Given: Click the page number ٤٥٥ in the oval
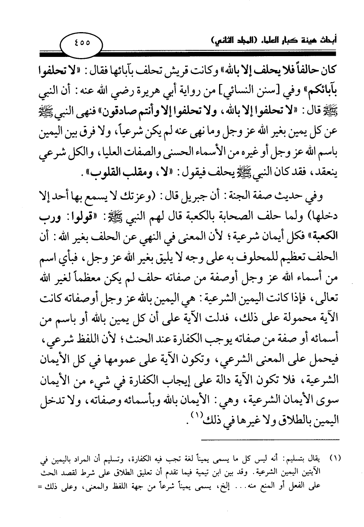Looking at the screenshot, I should tap(81, 42).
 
